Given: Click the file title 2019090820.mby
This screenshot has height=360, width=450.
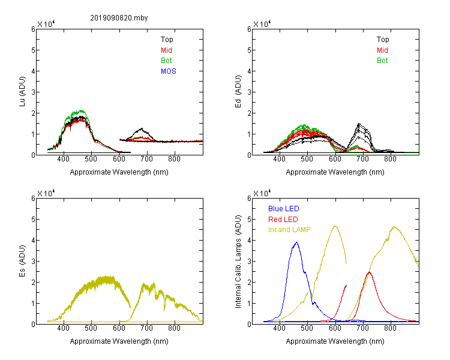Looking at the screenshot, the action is pyautogui.click(x=119, y=18).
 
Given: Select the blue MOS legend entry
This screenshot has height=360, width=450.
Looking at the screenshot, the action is pyautogui.click(x=169, y=71).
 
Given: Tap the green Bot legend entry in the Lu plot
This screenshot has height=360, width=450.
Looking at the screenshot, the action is pyautogui.click(x=166, y=61).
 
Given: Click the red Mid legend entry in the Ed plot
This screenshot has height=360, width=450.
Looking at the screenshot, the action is pyautogui.click(x=382, y=50).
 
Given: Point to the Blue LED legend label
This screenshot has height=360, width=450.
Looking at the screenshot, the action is pyautogui.click(x=284, y=209).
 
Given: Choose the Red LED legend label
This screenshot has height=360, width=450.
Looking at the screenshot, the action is pyautogui.click(x=283, y=220).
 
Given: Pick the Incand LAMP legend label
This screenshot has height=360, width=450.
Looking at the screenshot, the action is pyautogui.click(x=289, y=230).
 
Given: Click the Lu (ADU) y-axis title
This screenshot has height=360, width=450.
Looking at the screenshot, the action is pyautogui.click(x=22, y=92).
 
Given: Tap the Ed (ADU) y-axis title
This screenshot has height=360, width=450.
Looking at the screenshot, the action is pyautogui.click(x=238, y=92).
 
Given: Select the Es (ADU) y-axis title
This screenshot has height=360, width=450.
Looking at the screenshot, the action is pyautogui.click(x=22, y=261).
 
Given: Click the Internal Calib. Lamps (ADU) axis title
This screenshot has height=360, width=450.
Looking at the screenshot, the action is pyautogui.click(x=238, y=262).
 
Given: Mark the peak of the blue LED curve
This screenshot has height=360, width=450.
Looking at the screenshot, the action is pyautogui.click(x=296, y=242).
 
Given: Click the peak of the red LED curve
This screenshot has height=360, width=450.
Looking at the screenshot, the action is pyautogui.click(x=370, y=272).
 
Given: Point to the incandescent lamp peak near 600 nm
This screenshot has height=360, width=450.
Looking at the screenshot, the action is pyautogui.click(x=335, y=226).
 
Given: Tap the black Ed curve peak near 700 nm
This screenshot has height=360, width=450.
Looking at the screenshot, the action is pyautogui.click(x=358, y=124).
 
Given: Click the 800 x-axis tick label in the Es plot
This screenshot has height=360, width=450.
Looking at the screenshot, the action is pyautogui.click(x=174, y=328).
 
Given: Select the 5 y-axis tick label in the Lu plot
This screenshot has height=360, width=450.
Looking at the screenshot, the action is pyautogui.click(x=33, y=50).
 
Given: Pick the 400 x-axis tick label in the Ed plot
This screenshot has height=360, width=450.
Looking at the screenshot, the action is pyautogui.click(x=279, y=159).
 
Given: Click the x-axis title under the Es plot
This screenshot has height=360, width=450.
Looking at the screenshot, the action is pyautogui.click(x=119, y=341).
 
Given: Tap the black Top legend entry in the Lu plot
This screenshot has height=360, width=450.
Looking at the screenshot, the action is pyautogui.click(x=167, y=40).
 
